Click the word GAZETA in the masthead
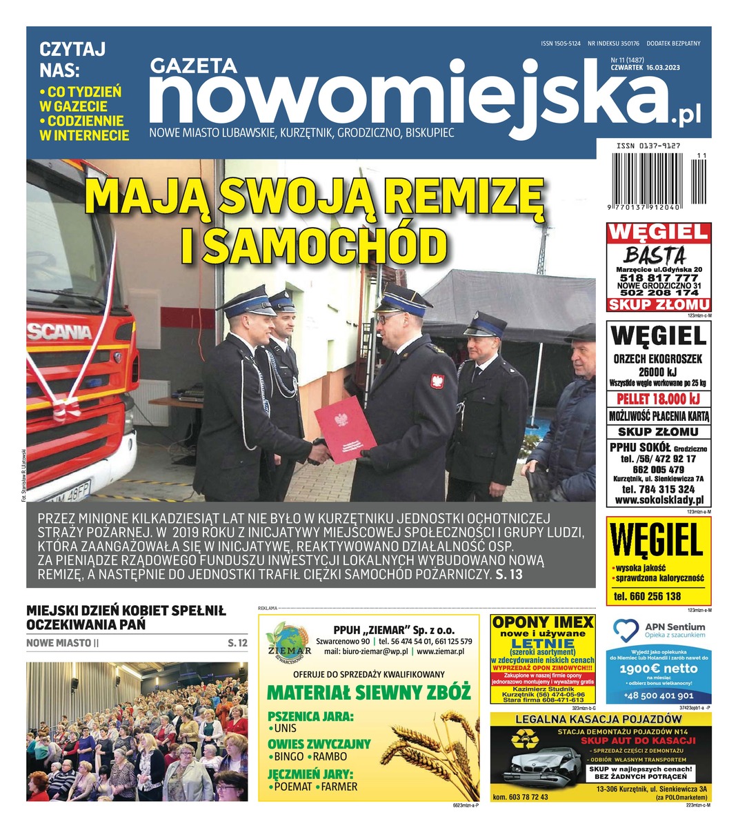coord(194,66)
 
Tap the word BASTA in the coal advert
coord(655,254)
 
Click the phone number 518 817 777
coord(658,277)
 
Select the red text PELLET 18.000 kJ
coord(658,399)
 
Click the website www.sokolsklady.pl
coord(658,500)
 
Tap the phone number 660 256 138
coord(647,596)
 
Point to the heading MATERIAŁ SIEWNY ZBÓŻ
coord(368,692)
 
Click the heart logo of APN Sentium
coord(626,629)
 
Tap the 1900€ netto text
coord(658,668)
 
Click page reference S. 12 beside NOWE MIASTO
coord(237,643)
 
